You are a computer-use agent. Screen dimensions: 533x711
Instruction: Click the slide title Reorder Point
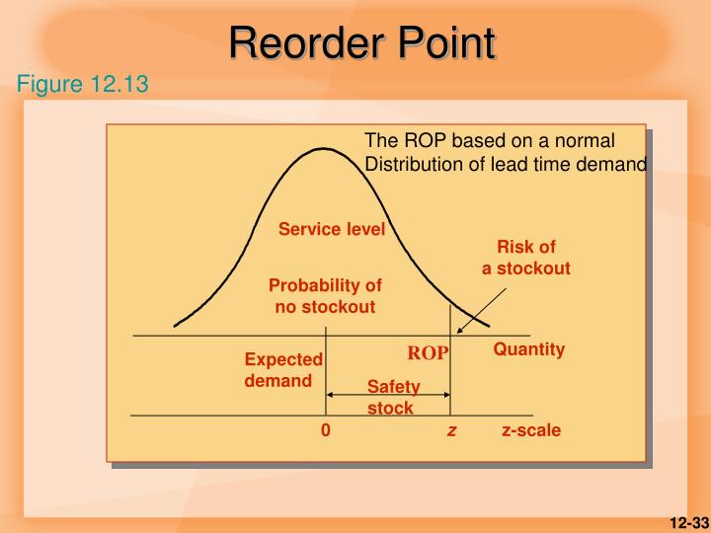pos(361,43)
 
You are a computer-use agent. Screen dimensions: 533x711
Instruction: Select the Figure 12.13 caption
pos(82,84)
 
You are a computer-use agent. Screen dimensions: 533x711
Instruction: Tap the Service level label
pos(331,229)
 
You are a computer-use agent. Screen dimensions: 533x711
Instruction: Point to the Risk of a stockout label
pos(525,258)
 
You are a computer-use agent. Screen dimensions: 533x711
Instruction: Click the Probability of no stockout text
pos(325,296)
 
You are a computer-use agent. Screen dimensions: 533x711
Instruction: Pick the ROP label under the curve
pos(429,352)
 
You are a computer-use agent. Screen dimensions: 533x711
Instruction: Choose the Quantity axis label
pos(528,349)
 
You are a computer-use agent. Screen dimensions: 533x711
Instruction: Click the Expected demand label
pos(282,370)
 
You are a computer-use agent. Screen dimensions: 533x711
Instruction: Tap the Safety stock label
pos(392,397)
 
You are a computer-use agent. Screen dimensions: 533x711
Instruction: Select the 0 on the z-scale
pos(325,431)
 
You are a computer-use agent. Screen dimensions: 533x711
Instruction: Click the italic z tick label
pos(450,431)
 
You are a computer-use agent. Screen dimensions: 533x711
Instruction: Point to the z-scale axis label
pos(530,431)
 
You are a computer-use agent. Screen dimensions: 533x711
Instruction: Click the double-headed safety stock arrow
pos(388,395)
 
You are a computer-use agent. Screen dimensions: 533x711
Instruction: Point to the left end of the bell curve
pos(176,324)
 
